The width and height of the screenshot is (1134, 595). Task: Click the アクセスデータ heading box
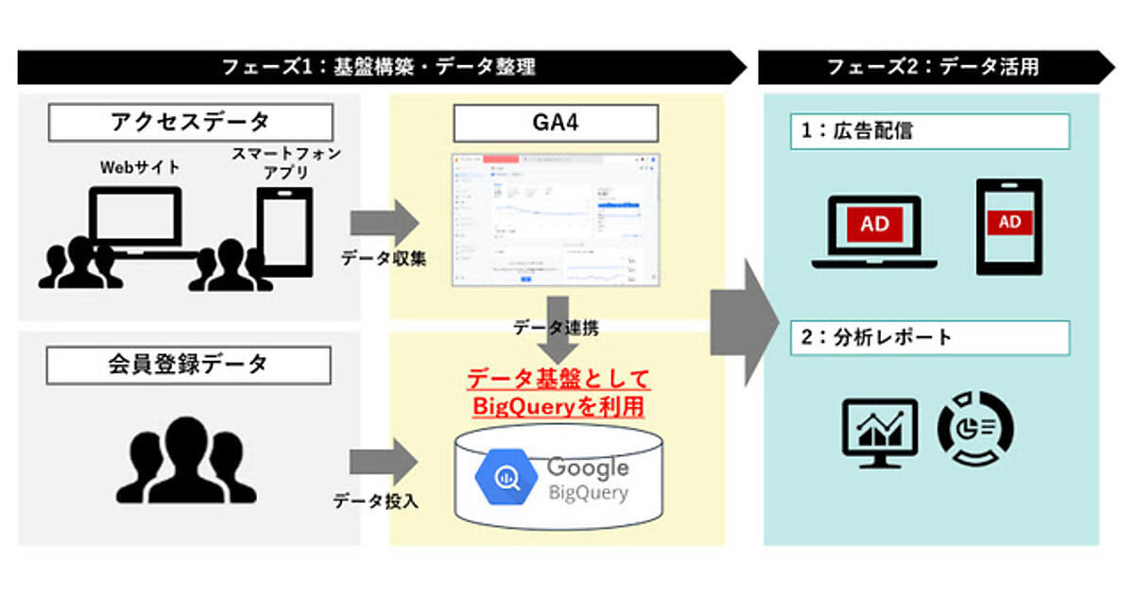tap(190, 123)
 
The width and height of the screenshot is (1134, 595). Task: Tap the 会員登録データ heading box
tap(189, 364)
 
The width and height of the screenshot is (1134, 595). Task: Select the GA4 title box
tap(556, 123)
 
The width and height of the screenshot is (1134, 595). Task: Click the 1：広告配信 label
tap(930, 132)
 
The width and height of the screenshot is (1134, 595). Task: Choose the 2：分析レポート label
tap(930, 337)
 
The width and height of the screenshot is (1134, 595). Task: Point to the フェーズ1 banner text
tap(378, 66)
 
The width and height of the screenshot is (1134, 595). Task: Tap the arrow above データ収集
tap(383, 223)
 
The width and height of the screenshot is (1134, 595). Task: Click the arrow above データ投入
tap(383, 463)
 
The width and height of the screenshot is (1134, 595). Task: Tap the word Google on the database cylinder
tap(588, 467)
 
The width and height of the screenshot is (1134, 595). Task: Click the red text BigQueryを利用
tap(557, 407)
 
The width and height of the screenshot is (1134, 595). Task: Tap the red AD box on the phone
tap(1009, 222)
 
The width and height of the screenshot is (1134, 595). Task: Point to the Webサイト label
tap(140, 167)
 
